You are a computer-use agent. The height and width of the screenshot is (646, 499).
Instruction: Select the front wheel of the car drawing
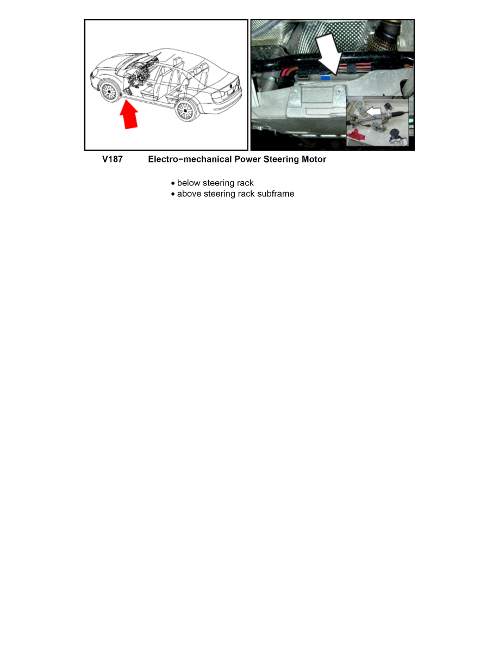click(109, 91)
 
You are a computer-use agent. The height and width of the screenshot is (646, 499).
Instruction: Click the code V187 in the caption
click(113, 160)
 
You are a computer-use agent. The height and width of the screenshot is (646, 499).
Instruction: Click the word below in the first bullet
click(189, 183)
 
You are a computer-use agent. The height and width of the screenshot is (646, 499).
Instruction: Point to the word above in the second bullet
click(189, 194)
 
